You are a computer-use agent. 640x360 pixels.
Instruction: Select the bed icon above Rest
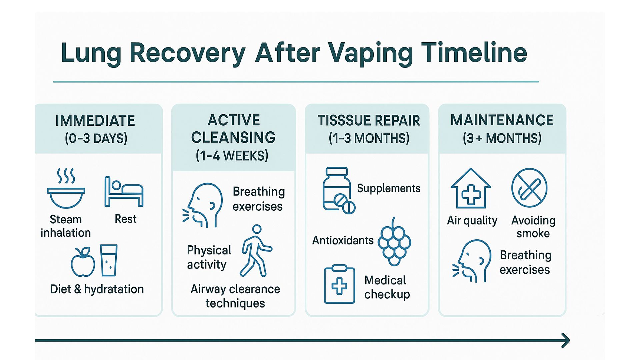124,192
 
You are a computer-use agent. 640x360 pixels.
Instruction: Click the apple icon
83,262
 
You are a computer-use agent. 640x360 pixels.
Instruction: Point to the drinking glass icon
109,260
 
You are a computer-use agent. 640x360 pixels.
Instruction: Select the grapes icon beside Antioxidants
394,242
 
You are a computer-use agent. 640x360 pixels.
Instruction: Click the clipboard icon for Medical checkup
339,284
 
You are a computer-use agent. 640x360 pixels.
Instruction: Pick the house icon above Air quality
470,189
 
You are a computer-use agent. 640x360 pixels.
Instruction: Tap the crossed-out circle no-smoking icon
529,188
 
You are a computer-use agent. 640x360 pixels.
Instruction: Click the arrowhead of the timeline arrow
565,340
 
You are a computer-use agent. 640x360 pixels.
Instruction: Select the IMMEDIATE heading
95,121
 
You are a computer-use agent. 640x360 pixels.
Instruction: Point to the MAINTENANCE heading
502,120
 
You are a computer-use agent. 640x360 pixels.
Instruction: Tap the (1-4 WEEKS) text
232,156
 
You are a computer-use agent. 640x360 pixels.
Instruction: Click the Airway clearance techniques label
235,296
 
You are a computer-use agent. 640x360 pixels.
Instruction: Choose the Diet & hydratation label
97,289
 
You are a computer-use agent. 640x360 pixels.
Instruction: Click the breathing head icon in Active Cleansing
203,205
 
